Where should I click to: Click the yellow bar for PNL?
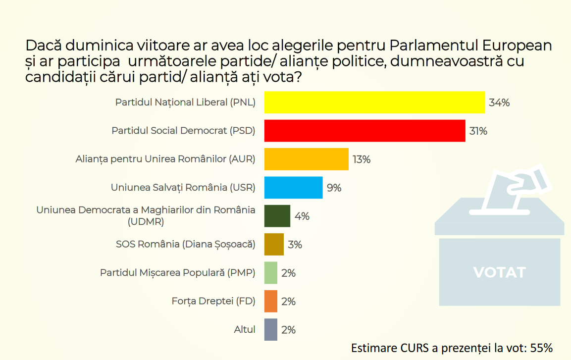point(374,103)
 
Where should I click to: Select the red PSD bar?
point(364,131)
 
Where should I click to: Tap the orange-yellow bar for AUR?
point(306,159)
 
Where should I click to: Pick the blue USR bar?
point(293,188)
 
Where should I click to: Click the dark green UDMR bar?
point(277,216)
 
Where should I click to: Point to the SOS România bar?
point(274,244)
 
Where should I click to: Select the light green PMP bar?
point(270,273)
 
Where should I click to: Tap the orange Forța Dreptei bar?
point(270,301)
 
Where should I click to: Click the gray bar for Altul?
point(270,329)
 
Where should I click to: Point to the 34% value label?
point(499,103)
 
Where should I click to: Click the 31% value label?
point(478,131)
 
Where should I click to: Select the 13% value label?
point(362,159)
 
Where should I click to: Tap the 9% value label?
point(334,188)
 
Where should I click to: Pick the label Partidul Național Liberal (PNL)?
point(185,103)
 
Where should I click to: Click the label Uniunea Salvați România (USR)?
point(183,188)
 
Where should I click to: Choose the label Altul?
point(245,329)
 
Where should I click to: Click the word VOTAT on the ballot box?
point(499,272)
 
